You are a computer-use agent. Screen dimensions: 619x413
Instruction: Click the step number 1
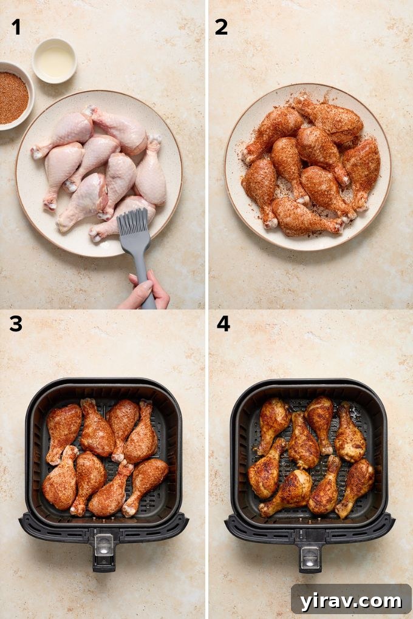tap(16, 27)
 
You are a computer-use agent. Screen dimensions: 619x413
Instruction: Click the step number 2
tap(221, 27)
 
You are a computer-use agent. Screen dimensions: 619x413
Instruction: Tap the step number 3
tap(16, 324)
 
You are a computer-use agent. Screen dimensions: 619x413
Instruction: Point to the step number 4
tap(223, 324)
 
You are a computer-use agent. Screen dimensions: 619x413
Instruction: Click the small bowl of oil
tap(55, 61)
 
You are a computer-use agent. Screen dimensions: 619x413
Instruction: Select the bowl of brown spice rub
tap(12, 96)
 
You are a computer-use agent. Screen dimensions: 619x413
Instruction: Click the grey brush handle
tap(142, 267)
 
